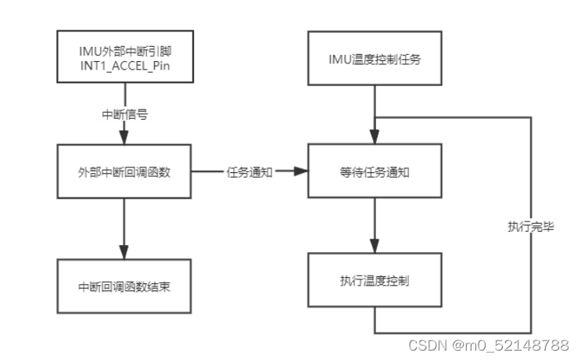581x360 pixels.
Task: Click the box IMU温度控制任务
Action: coord(376,59)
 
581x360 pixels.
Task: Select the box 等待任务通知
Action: coord(376,171)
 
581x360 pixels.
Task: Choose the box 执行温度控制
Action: coord(376,280)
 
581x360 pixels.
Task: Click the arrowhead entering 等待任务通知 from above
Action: coord(376,140)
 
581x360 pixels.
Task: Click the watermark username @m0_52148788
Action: coord(511,344)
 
